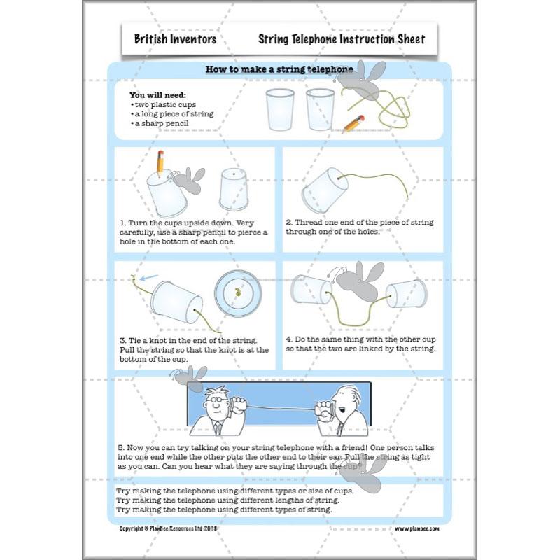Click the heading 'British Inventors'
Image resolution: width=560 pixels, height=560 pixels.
(x=175, y=39)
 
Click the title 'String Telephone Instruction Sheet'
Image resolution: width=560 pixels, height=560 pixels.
(x=341, y=39)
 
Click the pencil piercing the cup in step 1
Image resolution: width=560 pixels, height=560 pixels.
(x=160, y=162)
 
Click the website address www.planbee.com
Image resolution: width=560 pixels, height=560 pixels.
(x=417, y=528)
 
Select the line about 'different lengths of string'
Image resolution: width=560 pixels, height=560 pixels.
(x=228, y=500)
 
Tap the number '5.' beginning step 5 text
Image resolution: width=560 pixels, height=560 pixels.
(x=121, y=446)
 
